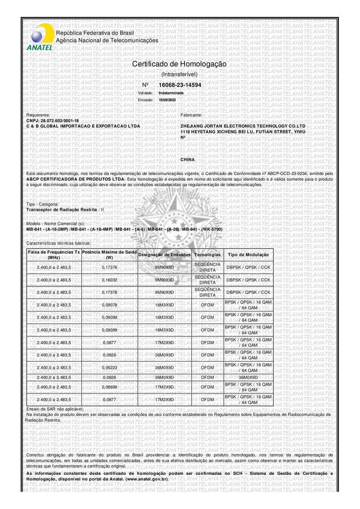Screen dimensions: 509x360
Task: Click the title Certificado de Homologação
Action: (179, 64)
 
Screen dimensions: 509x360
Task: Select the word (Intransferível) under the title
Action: (179, 75)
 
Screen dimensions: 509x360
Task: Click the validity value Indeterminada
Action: (171, 93)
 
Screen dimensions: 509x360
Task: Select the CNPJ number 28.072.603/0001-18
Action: (59, 121)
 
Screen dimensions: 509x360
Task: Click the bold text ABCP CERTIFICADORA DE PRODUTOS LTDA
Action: (75, 179)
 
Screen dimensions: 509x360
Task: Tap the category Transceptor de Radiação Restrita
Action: (63, 210)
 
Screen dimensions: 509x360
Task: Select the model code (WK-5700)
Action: (211, 229)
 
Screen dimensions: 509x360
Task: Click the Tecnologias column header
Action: (207, 255)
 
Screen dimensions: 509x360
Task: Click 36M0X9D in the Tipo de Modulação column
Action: (248, 377)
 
